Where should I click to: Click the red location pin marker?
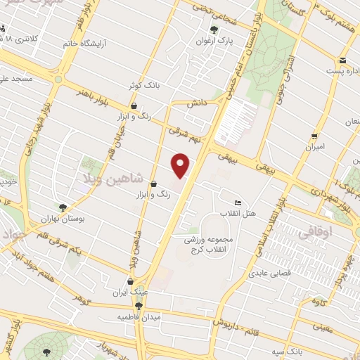click(x=181, y=166)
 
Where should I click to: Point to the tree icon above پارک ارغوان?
click(x=214, y=30)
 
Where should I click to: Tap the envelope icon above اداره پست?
click(x=342, y=60)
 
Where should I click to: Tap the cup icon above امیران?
click(x=314, y=136)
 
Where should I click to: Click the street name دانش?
click(x=195, y=103)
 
